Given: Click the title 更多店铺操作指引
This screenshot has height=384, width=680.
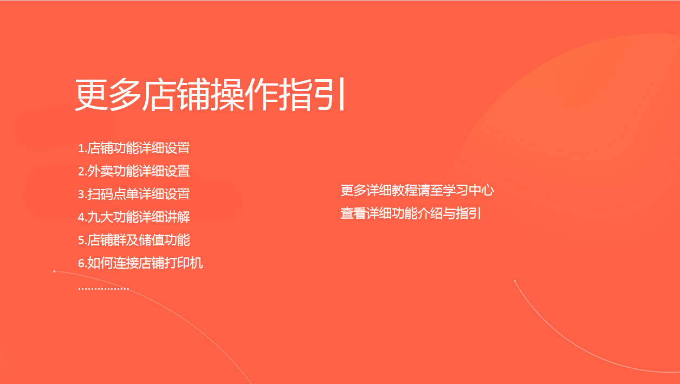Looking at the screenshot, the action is click(x=210, y=94).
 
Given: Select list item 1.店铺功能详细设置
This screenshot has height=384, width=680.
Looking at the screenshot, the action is click(x=134, y=148).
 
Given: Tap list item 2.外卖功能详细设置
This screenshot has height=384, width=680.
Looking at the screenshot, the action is click(x=134, y=171).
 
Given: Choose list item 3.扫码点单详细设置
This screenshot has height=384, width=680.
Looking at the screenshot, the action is click(x=134, y=194).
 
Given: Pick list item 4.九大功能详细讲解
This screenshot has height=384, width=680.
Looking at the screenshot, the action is click(x=134, y=217).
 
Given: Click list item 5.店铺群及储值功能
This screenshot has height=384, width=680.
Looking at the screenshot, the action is click(x=134, y=240).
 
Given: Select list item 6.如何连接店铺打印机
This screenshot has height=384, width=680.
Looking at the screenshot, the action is click(x=140, y=263).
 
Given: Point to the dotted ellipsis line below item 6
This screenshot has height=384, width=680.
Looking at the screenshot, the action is click(x=103, y=288).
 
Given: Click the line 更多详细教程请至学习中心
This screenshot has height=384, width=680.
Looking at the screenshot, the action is click(x=417, y=190).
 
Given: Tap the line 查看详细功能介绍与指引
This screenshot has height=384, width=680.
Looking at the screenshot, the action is click(x=411, y=213).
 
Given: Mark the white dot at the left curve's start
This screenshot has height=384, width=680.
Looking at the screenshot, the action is click(x=54, y=271).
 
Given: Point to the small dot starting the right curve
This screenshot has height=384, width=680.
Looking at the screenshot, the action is click(x=515, y=281).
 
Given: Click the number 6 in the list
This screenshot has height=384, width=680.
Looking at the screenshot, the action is click(x=81, y=263).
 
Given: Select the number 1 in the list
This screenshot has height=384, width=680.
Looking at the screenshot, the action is click(x=81, y=149).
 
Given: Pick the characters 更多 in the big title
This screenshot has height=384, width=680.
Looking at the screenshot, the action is click(x=108, y=94).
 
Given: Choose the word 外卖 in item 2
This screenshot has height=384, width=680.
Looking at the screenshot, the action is click(x=100, y=171).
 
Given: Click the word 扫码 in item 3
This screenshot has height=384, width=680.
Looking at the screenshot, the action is click(x=100, y=194).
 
